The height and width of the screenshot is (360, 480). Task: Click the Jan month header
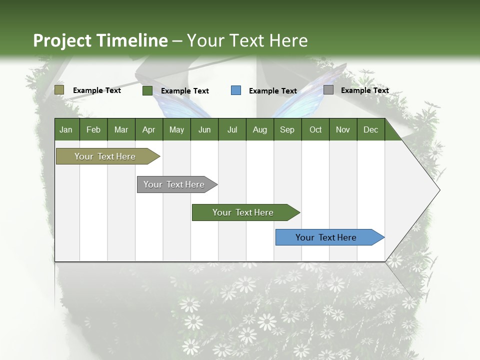66,130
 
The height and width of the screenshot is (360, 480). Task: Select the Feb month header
93,130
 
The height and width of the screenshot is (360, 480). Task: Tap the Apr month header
148,130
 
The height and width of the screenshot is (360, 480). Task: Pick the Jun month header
204,130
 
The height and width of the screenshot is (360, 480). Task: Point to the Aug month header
259,130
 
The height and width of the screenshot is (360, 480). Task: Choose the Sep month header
287,130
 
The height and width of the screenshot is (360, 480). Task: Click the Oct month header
315,130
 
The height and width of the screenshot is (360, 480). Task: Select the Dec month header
370,130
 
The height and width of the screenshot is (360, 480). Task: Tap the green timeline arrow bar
244,212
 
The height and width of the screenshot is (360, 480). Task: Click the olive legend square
59,90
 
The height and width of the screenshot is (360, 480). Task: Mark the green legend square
147,90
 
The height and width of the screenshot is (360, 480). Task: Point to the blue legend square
236,90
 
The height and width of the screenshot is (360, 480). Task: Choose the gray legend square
328,90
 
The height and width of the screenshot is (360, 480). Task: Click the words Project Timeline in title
100,40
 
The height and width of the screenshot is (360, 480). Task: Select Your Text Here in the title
247,40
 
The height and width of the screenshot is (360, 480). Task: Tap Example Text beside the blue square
273,91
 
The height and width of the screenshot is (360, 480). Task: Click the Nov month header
343,130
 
